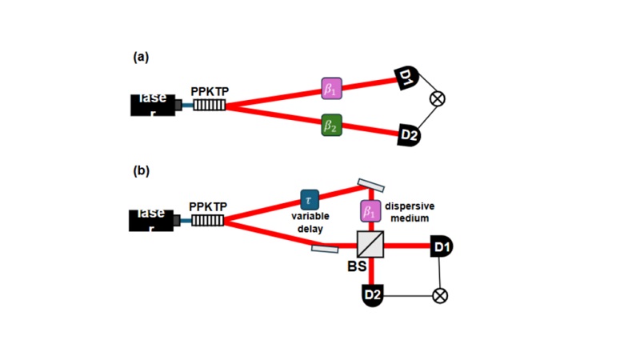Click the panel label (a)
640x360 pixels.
(x=141, y=57)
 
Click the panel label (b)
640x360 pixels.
(x=141, y=170)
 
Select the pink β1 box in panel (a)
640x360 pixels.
(x=331, y=89)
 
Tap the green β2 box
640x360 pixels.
(x=331, y=126)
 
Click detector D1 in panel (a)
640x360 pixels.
(x=406, y=78)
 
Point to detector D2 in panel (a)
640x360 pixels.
(x=409, y=135)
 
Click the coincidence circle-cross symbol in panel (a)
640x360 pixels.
(x=438, y=98)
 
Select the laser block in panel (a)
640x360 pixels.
(x=153, y=105)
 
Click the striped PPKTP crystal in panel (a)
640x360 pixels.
(x=209, y=105)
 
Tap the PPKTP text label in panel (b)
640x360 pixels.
(x=208, y=206)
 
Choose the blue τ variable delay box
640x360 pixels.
(x=310, y=199)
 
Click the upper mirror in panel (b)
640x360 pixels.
(x=370, y=185)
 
